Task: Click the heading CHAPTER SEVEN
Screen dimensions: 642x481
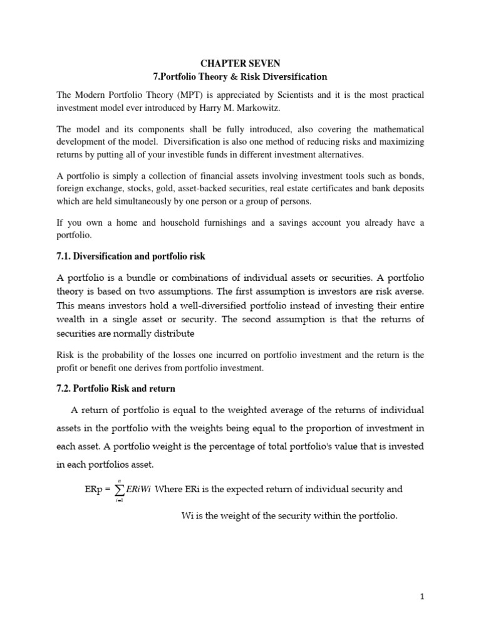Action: click(240, 63)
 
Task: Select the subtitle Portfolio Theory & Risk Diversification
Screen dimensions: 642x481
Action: click(240, 76)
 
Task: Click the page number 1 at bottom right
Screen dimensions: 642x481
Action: click(422, 597)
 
